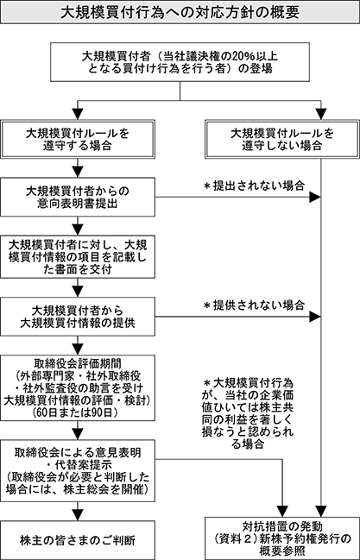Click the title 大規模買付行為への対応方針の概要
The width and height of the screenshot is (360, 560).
point(180,12)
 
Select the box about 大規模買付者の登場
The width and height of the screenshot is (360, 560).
point(180,62)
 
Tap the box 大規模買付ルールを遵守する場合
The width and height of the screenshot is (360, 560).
point(78,139)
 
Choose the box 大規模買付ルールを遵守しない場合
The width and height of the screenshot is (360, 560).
point(282,139)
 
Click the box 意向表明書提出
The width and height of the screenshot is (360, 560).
point(78,197)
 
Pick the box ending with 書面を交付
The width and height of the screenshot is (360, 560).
point(78,256)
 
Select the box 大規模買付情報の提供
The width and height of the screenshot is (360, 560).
point(78,317)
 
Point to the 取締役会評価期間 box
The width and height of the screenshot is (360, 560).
point(78,387)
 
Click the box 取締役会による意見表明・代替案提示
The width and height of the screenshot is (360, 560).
point(78,471)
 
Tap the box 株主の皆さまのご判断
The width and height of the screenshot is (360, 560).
point(78,540)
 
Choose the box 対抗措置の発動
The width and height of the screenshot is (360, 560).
point(282,538)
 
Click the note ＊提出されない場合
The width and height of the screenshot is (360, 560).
point(254,186)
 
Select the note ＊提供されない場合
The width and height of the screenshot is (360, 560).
point(254,305)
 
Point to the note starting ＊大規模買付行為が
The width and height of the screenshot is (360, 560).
point(248,413)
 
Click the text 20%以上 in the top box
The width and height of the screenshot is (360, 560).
point(256,56)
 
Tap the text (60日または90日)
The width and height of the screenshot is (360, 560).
point(78,412)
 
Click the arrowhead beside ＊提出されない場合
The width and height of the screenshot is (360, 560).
point(315,197)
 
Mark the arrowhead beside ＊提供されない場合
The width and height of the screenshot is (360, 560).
point(315,317)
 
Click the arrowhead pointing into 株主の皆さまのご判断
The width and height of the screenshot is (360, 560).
point(78,515)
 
